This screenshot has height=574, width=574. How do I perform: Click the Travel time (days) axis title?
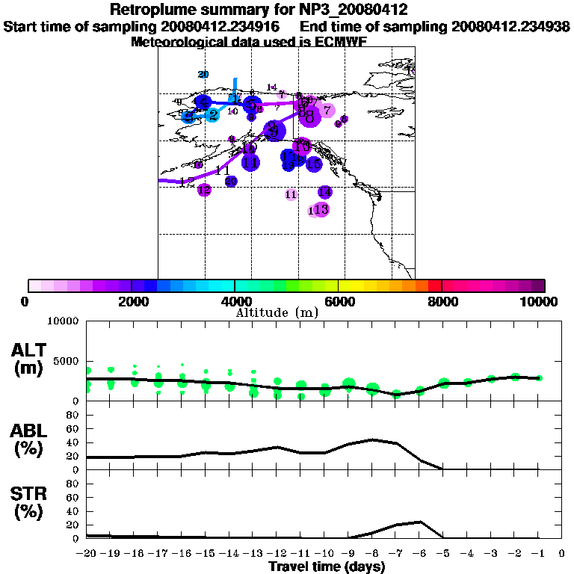pos(327,567)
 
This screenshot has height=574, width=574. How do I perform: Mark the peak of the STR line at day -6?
pos(421,522)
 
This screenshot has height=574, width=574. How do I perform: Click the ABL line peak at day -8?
pos(373,439)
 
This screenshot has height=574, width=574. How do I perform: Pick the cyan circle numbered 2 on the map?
pos(213,115)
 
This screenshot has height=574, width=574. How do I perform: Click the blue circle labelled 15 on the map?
pos(314,164)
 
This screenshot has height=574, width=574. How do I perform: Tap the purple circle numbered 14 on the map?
pos(324,192)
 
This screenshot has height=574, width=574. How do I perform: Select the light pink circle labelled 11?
pos(291,194)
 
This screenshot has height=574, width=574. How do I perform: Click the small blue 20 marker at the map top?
pos(203,74)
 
